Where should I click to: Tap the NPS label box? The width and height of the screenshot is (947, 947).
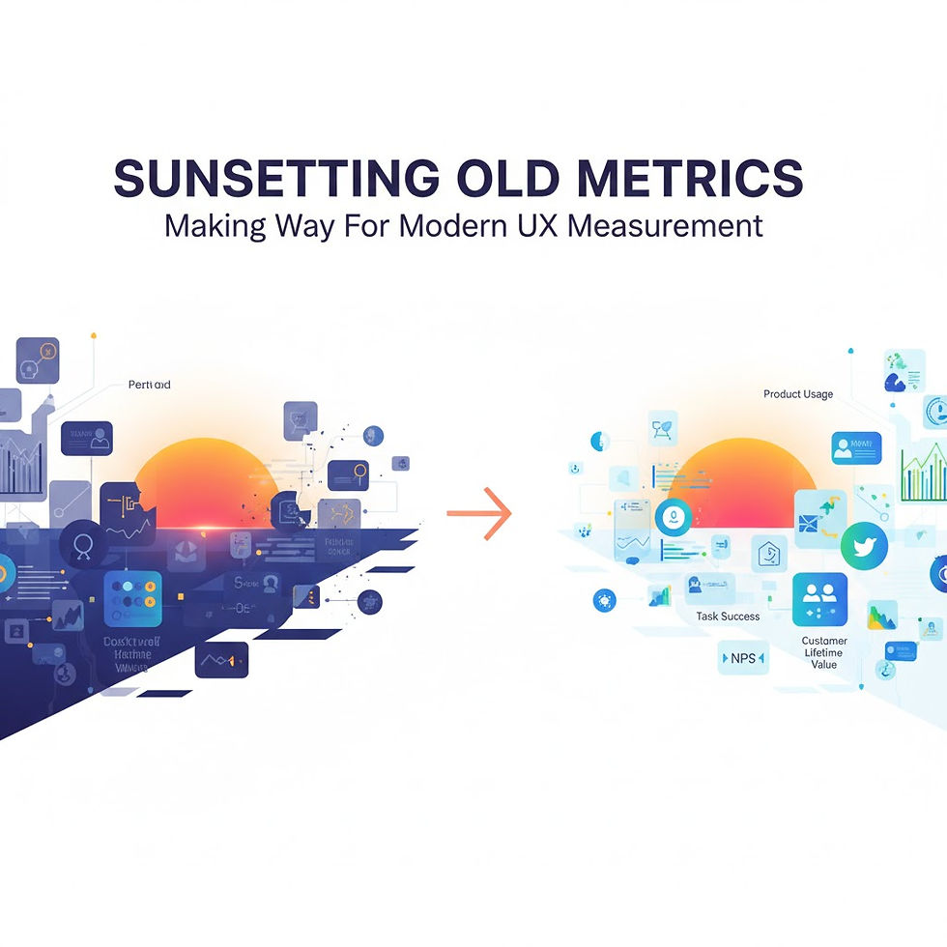coord(742,659)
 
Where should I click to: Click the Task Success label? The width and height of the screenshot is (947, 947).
coord(728,617)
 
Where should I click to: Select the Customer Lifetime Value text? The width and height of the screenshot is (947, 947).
coord(823,653)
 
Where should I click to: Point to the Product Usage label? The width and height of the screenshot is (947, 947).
coord(797,394)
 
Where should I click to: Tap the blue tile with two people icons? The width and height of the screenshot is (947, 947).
coord(819,599)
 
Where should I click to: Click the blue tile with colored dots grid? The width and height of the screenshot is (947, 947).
coord(132,598)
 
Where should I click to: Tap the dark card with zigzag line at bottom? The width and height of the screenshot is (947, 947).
coord(221,660)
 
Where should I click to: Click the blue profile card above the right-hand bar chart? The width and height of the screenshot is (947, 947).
coord(856,448)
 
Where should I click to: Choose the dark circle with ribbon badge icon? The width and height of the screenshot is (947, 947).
coord(81,541)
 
